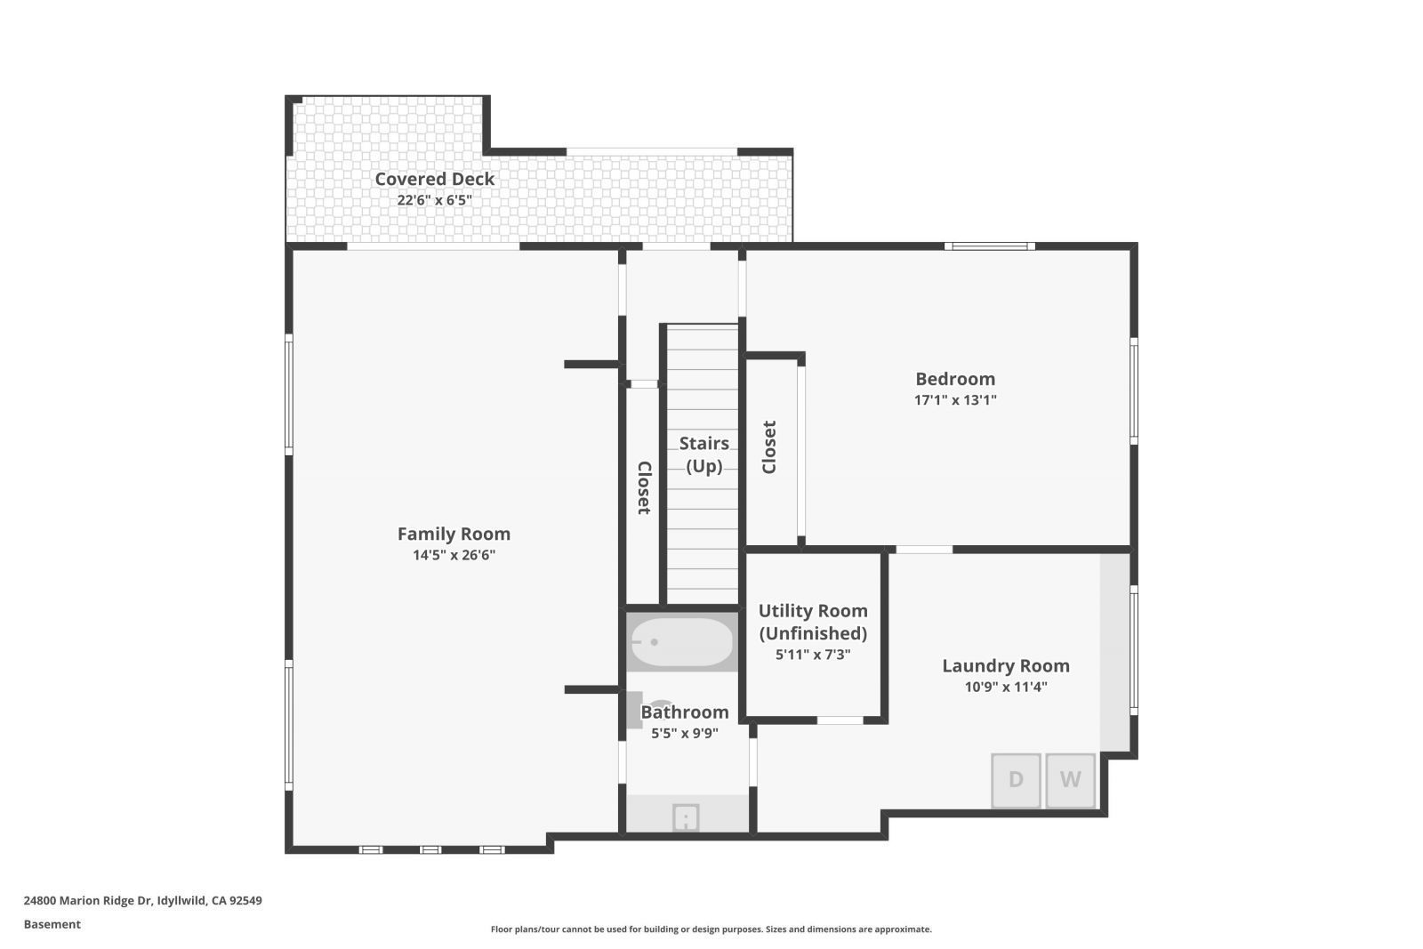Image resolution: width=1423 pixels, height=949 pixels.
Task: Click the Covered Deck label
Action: pos(434,179)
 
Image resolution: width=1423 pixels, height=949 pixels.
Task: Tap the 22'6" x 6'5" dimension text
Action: pos(434,200)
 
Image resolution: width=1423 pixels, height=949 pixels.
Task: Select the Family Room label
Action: pos(454,534)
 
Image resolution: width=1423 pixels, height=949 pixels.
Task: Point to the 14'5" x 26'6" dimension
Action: pos(454,555)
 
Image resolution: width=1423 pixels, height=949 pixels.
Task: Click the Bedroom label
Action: pos(955,379)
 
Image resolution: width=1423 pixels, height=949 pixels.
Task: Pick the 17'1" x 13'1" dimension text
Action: pos(955,400)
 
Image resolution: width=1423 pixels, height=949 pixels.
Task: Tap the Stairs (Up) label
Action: pos(703,454)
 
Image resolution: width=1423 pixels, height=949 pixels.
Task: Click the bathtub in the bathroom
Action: pos(682,642)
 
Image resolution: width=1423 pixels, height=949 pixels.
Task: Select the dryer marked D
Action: pos(1016,780)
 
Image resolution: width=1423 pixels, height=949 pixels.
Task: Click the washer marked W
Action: pos(1070,780)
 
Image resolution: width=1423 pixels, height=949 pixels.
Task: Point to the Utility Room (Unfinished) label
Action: pos(812,622)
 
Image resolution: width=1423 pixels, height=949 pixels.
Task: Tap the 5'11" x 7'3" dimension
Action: pos(812,655)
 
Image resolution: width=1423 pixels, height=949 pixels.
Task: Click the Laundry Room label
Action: pos(1005,665)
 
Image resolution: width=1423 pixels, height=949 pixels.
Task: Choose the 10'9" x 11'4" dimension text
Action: pos(1005,687)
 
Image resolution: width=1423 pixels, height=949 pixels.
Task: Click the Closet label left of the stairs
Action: pos(644,487)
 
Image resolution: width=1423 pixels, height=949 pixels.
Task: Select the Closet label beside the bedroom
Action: pos(769,446)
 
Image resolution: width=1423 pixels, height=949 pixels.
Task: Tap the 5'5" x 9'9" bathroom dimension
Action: pos(684,734)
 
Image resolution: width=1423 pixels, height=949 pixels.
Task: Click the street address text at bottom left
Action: pos(142,900)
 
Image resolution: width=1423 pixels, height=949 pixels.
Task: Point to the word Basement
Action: pos(52,924)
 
